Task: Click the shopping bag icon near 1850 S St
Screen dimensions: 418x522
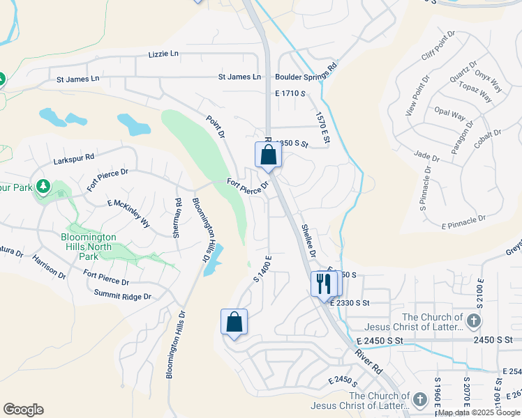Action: coord(268,155)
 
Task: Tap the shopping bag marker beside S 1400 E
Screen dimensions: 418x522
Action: coord(234,323)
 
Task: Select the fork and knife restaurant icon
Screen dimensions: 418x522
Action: coord(322,284)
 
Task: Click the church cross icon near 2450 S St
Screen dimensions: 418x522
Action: coord(473,321)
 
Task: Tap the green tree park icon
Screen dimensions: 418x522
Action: coord(43,186)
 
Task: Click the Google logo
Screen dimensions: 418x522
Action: coord(23,410)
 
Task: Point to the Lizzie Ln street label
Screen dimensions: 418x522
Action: coord(163,54)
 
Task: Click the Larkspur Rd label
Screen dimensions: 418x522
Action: coord(75,160)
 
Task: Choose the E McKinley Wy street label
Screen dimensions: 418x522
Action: coord(129,212)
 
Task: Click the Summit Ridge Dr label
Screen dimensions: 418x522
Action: coord(123,297)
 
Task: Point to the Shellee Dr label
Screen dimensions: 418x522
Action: coord(308,241)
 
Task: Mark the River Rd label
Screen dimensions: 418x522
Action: coord(368,359)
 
